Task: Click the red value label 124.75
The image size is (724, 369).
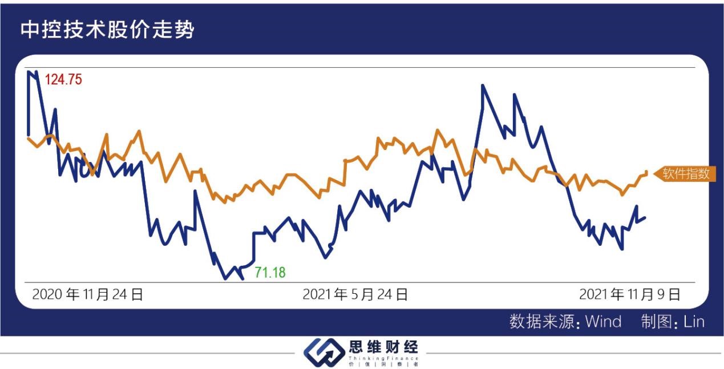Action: pos(63,80)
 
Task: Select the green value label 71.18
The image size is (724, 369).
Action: pos(270,273)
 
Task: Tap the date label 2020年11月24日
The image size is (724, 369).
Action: pos(88,295)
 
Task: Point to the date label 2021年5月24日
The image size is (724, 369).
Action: pos(355,295)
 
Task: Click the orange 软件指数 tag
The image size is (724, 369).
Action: pos(685,174)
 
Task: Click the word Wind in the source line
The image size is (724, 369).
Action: pos(603,322)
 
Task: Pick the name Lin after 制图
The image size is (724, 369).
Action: pos(694,322)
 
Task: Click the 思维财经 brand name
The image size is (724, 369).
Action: pos(383,347)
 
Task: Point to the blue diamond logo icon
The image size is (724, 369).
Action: pos(323,351)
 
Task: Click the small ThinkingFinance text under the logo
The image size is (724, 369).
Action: pos(383,358)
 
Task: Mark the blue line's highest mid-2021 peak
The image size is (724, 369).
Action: pos(483,86)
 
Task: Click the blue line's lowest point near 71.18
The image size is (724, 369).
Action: pos(225,279)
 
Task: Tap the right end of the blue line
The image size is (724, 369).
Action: pos(645,217)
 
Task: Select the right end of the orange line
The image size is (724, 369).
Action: pos(646,172)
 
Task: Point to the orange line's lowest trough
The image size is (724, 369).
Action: pos(225,202)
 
